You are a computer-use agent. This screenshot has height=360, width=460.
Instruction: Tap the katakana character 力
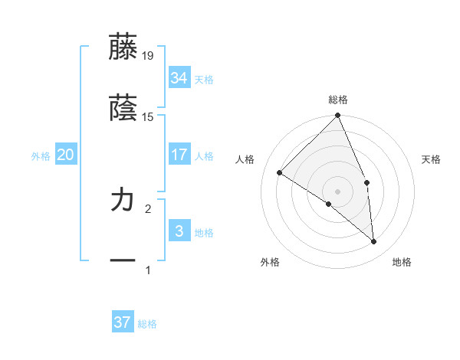pos(123,201)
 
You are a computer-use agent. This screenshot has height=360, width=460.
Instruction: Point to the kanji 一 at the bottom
pos(123,261)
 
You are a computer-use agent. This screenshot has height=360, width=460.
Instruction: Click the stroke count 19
pos(148,55)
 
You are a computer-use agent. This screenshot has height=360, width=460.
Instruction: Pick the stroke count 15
pos(148,117)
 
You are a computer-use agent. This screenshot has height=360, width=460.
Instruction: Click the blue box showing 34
pos(179,77)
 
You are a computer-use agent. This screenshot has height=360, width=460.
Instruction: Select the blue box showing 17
pos(179,155)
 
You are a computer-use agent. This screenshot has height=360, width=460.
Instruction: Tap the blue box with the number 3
pos(179,231)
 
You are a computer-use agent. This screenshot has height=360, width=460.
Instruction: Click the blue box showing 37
pos(122,322)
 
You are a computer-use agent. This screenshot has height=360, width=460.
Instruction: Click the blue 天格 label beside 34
pos(204,79)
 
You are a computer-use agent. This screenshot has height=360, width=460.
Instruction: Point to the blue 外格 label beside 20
pos(41,156)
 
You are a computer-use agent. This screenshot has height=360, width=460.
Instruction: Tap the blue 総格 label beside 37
pos(147,324)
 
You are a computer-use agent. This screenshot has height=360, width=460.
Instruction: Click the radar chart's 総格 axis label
pos(338,100)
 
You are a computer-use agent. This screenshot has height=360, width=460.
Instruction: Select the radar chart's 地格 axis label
pos(402,262)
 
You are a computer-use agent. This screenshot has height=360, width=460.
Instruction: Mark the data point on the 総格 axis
pos(338,116)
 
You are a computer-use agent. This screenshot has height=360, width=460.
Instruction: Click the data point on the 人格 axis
pos(280,172)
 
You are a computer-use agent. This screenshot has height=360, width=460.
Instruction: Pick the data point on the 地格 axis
pos(373,241)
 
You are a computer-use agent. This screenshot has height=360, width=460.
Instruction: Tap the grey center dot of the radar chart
pos(338,191)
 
